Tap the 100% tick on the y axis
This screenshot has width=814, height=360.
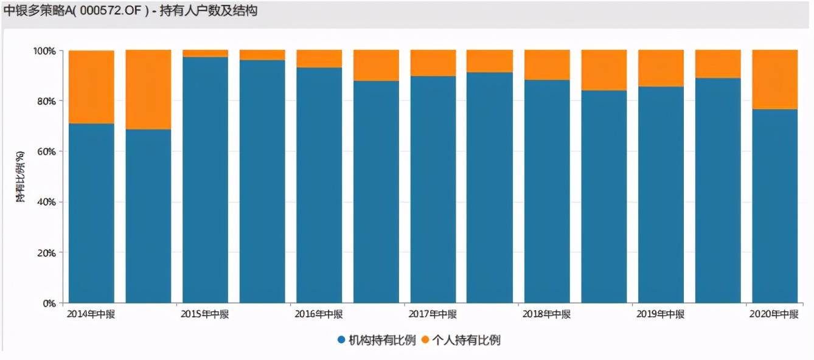(x=44, y=50)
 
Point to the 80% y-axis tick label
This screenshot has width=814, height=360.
(x=46, y=101)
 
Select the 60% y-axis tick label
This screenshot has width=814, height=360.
(x=46, y=151)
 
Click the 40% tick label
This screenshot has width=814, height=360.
(x=46, y=202)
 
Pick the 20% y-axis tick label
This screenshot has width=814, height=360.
(x=46, y=252)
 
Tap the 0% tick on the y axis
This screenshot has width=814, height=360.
(x=49, y=303)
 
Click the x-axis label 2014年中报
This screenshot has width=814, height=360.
(x=91, y=314)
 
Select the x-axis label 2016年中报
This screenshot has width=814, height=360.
(x=319, y=314)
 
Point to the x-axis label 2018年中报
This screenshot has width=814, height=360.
(x=546, y=314)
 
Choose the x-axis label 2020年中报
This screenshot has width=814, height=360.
(x=774, y=314)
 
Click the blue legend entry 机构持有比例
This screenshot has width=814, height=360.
(x=377, y=341)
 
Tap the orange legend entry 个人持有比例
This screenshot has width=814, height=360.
(x=461, y=341)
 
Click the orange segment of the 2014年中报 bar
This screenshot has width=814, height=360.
(x=91, y=87)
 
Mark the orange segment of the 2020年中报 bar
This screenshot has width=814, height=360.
(x=774, y=80)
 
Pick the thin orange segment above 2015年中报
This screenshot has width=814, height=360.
(x=205, y=54)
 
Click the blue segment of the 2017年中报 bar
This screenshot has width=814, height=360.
(x=433, y=189)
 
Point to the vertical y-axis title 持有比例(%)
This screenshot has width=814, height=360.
(x=21, y=176)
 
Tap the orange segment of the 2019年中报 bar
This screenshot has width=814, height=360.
(x=661, y=68)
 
